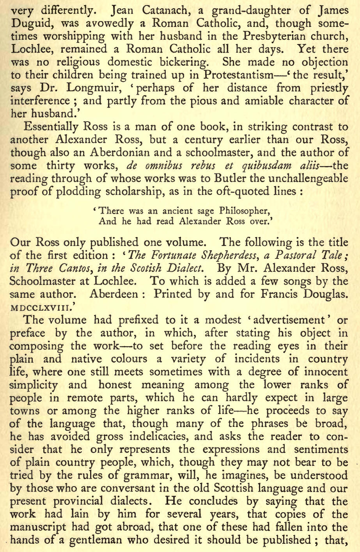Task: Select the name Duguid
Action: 33,24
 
